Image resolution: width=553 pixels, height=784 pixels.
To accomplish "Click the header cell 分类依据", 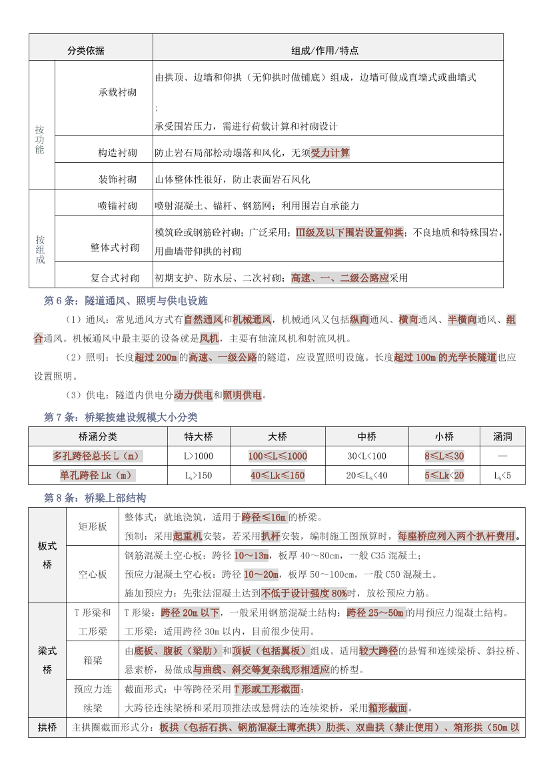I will [x=86, y=51].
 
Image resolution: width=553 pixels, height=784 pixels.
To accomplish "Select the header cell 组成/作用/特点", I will [x=325, y=51].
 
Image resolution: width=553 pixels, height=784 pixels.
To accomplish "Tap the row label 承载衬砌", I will [x=118, y=92].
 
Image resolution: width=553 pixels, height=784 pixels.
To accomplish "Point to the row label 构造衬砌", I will [x=118, y=153].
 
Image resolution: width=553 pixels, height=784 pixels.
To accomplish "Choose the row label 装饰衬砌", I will [x=118, y=179].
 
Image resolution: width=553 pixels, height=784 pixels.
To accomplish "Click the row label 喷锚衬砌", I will [x=118, y=206].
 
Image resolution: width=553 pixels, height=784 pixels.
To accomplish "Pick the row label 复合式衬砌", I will [x=115, y=278].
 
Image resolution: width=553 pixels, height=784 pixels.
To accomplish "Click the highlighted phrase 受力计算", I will [x=330, y=153].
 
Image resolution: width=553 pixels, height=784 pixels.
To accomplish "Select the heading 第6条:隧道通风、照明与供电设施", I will [x=125, y=301].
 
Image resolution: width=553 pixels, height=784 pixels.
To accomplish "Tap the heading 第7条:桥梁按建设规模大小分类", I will [x=121, y=417].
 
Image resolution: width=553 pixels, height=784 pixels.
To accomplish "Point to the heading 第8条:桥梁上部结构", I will [x=95, y=498].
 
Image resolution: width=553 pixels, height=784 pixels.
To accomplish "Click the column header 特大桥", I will [x=199, y=437].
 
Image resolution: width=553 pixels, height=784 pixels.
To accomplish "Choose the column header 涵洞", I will [x=502, y=437].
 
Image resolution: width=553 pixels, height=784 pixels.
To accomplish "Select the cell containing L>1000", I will [x=199, y=456].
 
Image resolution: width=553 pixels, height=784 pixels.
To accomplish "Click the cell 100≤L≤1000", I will [x=278, y=456].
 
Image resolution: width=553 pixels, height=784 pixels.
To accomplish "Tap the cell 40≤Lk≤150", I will [x=278, y=476].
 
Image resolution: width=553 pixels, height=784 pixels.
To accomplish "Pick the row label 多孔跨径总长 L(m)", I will [x=97, y=456].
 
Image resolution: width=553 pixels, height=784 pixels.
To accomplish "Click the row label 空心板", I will [x=93, y=574].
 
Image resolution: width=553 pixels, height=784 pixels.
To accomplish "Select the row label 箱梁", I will [x=93, y=660].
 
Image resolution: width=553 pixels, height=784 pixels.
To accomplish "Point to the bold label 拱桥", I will [x=47, y=727].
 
